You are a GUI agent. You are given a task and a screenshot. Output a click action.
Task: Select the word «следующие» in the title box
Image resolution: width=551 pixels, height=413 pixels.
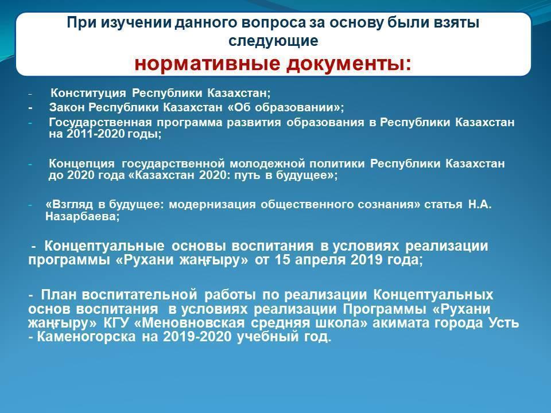[273, 41]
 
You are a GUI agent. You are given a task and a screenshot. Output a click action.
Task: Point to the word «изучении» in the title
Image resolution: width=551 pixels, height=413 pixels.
[137, 23]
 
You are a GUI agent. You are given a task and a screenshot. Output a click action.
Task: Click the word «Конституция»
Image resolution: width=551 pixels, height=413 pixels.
[88, 93]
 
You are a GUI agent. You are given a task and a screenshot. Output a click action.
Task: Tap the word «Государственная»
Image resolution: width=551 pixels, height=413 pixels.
[100, 122]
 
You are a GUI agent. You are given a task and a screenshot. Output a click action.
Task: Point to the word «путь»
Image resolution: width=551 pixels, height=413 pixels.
[246, 175]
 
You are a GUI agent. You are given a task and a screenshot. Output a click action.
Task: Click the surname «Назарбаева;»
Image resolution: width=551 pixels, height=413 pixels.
[83, 216]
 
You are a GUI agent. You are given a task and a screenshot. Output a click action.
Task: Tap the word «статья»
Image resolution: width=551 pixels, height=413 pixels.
[443, 204]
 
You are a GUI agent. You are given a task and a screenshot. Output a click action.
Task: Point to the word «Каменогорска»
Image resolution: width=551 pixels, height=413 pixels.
[86, 337]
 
